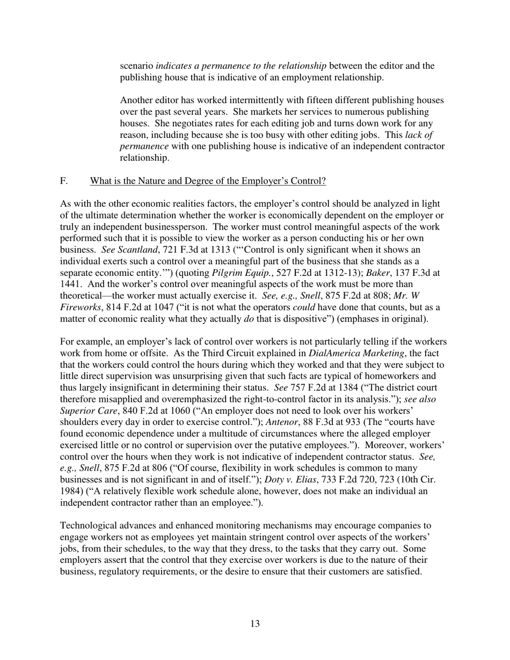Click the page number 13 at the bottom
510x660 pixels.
point(255,624)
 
